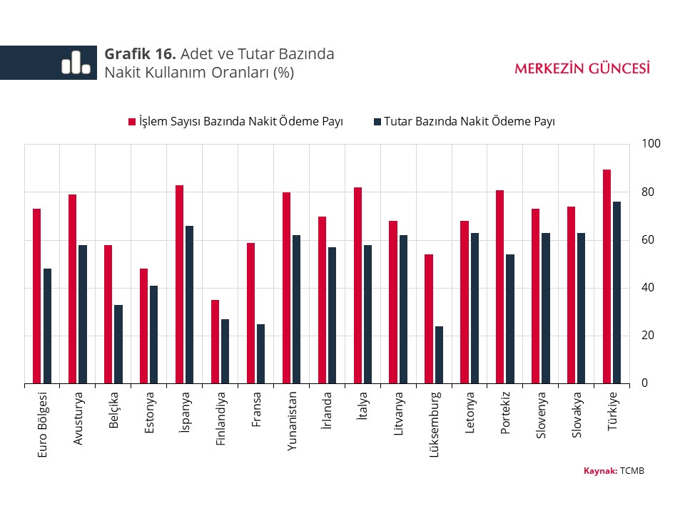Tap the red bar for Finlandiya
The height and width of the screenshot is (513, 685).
pyautogui.click(x=215, y=341)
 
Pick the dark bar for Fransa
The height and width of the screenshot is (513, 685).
pyautogui.click(x=260, y=353)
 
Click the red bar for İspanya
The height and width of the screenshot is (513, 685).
pyautogui.click(x=180, y=284)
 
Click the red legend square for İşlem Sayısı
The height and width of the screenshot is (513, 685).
pyautogui.click(x=132, y=122)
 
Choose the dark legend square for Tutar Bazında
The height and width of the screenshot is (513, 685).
pyautogui.click(x=377, y=122)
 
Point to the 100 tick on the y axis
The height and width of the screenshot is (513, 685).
pyautogui.click(x=651, y=144)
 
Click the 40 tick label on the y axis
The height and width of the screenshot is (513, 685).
pyautogui.click(x=648, y=288)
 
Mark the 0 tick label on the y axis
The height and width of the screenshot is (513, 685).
pyautogui.click(x=645, y=383)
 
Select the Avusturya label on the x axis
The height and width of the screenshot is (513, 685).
pyautogui.click(x=78, y=418)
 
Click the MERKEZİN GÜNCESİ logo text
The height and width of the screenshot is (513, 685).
pyautogui.click(x=582, y=68)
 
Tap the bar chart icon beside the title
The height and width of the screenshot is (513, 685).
pyautogui.click(x=76, y=63)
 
